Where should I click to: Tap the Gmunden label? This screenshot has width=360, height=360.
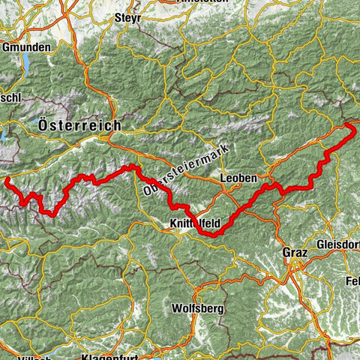[25, 46]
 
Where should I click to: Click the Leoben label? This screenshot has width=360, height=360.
[238, 178]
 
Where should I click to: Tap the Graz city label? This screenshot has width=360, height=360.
[295, 253]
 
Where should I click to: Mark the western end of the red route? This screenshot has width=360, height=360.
[7, 181]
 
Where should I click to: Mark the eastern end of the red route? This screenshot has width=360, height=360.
[352, 127]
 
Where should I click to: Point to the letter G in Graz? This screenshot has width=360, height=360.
[286, 253]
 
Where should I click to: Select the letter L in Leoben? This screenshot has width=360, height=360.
[224, 178]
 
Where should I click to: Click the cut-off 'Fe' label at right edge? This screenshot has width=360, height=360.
[354, 280]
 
